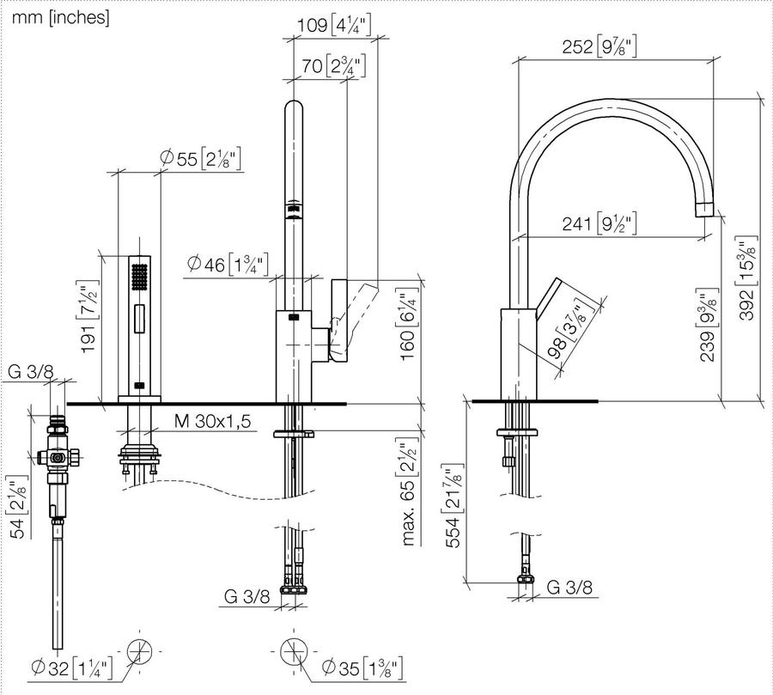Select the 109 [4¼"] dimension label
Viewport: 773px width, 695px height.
tap(335, 25)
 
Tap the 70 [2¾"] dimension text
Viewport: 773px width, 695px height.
tap(334, 65)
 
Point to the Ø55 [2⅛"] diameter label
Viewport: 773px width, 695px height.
tap(201, 159)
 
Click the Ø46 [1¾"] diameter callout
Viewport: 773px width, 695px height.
tap(228, 265)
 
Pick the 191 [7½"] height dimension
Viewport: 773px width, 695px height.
tap(89, 316)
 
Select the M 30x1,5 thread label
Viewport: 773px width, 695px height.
tap(212, 421)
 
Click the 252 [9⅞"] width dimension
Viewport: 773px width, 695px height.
tap(600, 47)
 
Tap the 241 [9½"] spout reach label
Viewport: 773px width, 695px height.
tap(600, 223)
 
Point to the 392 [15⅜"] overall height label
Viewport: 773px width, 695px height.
tap(746, 278)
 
